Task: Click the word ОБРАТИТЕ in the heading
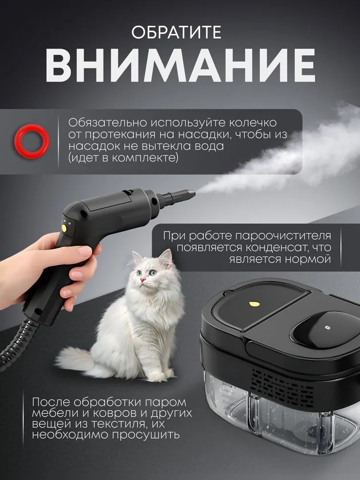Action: (176, 33)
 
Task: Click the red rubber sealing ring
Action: (32, 142)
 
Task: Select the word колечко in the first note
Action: (253, 122)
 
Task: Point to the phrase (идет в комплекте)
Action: (123, 158)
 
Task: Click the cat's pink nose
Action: (143, 280)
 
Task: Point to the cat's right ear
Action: (166, 256)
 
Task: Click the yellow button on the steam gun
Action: (65, 228)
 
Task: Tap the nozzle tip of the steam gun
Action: (190, 193)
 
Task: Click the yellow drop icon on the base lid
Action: (253, 304)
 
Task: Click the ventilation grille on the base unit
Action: (283, 386)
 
